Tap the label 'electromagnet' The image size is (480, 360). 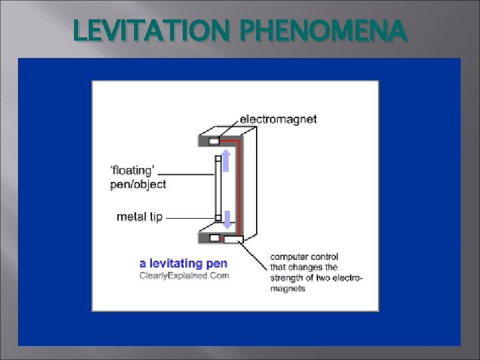click(x=278, y=119)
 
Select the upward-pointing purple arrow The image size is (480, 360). click(x=225, y=161)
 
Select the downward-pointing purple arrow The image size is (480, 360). click(x=225, y=219)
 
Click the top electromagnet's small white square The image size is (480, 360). click(x=213, y=141)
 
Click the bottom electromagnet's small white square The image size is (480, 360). click(x=213, y=237)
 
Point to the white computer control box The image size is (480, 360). click(x=234, y=239)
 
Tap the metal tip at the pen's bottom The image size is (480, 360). click(x=217, y=217)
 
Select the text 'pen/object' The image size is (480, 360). click(x=138, y=184)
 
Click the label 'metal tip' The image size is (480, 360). click(x=139, y=217)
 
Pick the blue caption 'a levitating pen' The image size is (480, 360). click(x=183, y=263)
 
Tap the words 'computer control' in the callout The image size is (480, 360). click(x=305, y=257)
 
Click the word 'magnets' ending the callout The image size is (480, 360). click(x=288, y=289)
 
